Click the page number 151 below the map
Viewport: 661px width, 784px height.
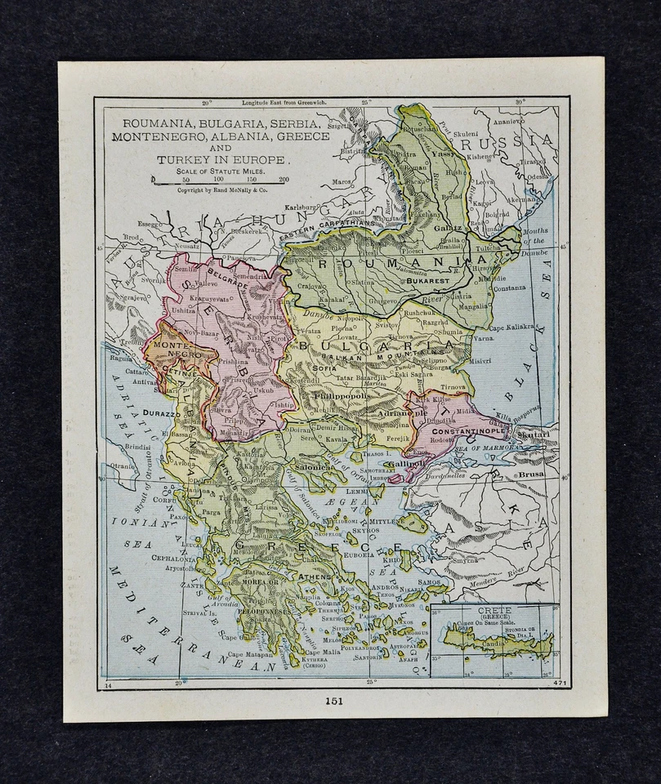click(x=333, y=700)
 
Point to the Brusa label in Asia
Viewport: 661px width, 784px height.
click(x=529, y=473)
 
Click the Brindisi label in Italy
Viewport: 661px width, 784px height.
click(x=138, y=448)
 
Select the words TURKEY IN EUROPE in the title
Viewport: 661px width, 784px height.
click(x=220, y=159)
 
